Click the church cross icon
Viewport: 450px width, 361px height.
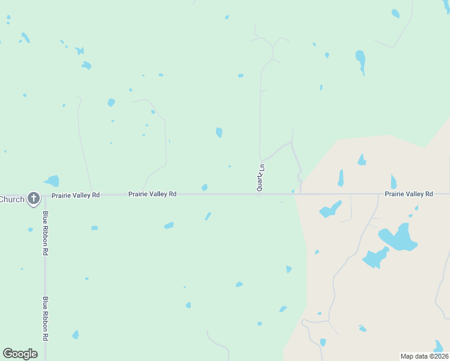click(34, 198)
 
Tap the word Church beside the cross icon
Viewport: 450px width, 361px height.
click(12, 199)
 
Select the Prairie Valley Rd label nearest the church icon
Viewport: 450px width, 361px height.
click(76, 195)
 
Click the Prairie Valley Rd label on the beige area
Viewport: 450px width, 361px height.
click(409, 194)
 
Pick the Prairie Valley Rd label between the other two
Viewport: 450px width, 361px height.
click(152, 194)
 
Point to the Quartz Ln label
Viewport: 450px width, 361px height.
click(260, 177)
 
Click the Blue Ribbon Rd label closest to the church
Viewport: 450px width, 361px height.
click(45, 233)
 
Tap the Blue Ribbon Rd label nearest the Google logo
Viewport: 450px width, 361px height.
click(45, 318)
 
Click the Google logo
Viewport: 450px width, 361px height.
click(20, 353)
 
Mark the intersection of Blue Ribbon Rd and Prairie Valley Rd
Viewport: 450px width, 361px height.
click(45, 194)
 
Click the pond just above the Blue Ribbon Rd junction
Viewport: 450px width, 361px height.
click(52, 180)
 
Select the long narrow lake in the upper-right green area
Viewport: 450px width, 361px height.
click(360, 60)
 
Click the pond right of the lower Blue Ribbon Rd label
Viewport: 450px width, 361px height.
click(75, 335)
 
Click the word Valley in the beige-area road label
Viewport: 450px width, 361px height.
click(409, 194)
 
